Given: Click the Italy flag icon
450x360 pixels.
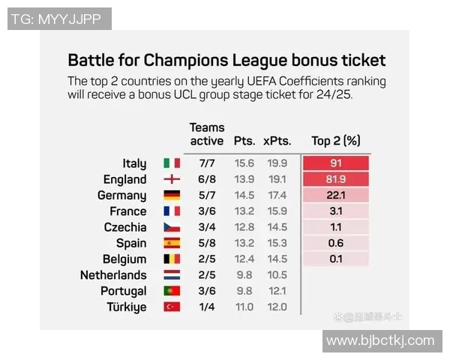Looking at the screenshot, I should [172, 163].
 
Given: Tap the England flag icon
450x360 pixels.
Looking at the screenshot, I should [172, 179].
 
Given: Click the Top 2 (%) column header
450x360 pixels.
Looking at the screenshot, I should [336, 140].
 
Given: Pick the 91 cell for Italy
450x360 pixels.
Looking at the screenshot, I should [335, 163].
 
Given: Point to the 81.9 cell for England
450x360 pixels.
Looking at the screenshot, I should [335, 179].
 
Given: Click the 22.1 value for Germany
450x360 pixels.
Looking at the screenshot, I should [335, 195].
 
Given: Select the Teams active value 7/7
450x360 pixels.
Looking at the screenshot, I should [206, 163].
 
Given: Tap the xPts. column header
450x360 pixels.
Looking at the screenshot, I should [276, 140].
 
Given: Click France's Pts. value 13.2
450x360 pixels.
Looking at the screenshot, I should [244, 211].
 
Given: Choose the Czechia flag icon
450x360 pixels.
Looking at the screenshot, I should [172, 227].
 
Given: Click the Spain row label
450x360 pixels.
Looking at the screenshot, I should [131, 243].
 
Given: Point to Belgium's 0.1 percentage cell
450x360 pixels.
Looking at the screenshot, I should [335, 259].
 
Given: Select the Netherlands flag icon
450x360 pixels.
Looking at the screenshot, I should [172, 275].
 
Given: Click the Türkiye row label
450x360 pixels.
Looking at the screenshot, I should [125, 307].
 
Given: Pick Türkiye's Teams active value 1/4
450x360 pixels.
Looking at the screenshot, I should [206, 307].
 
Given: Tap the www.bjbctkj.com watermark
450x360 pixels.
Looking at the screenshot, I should [380, 340].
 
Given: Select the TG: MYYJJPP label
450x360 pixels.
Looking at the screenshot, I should [60, 19].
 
